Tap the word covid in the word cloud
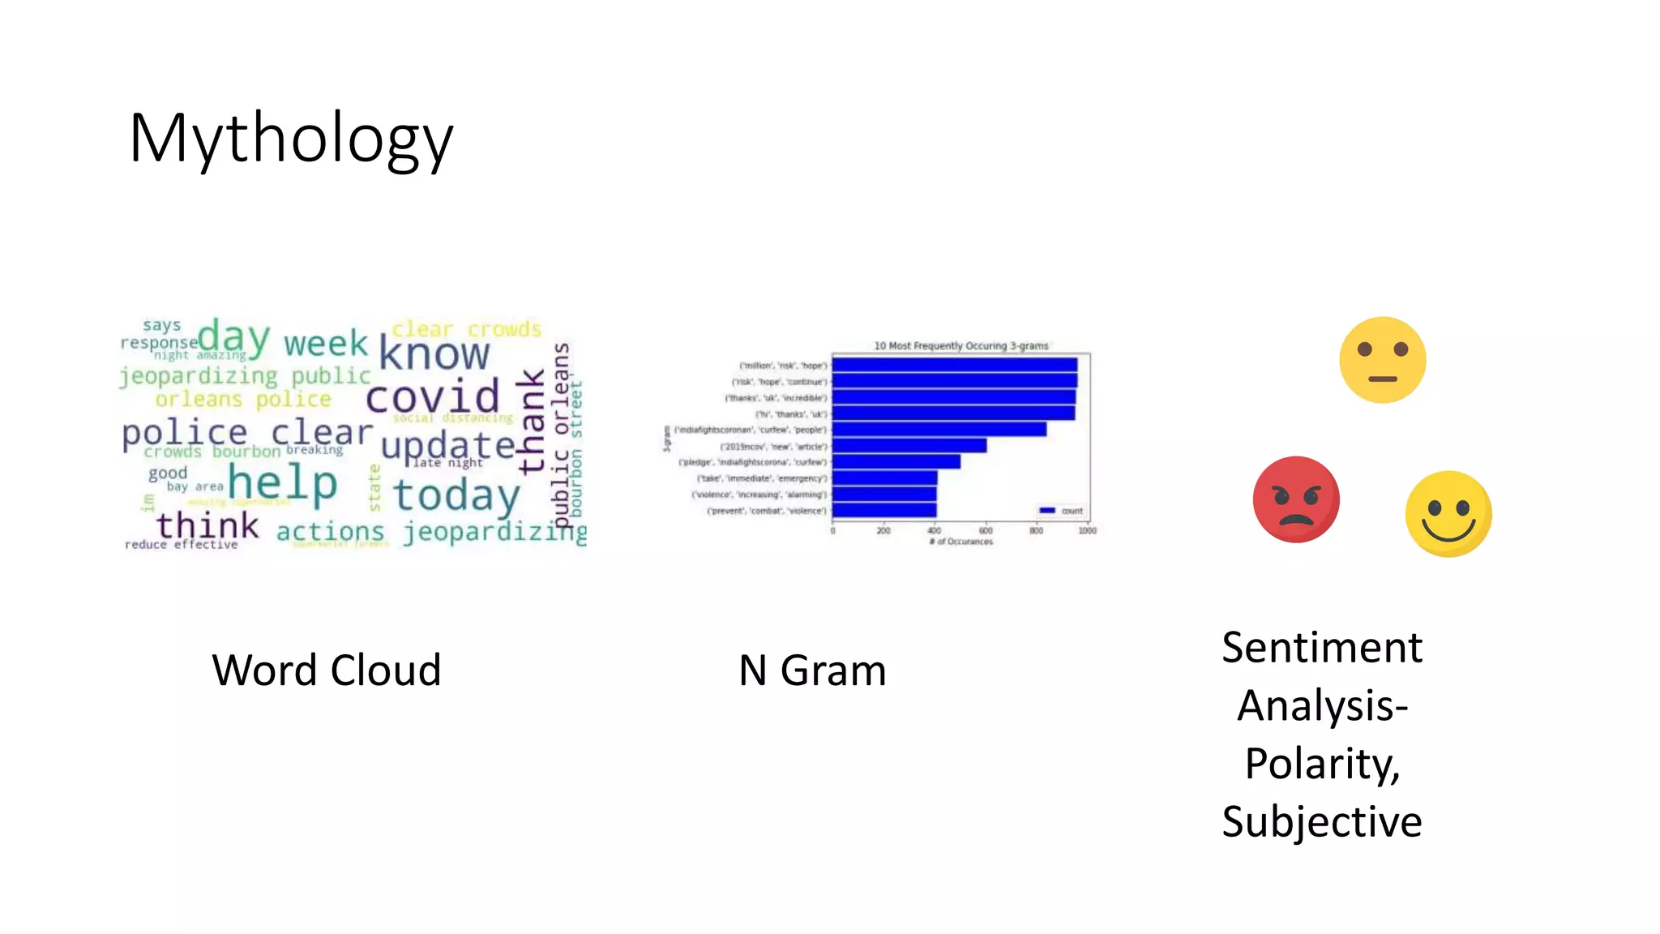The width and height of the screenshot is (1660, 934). click(x=432, y=397)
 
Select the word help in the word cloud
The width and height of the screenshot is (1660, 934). click(x=282, y=483)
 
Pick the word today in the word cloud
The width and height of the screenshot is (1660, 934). click(x=456, y=495)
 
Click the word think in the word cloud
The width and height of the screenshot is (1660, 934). click(x=207, y=526)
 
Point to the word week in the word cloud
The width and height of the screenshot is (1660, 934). click(x=326, y=344)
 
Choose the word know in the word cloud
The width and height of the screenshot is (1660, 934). click(x=434, y=354)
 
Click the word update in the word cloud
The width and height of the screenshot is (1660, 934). click(x=447, y=446)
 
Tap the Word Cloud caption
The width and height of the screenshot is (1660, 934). click(x=326, y=671)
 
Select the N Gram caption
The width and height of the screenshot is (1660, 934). click(x=812, y=671)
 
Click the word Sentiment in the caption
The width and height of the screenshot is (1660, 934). click(x=1321, y=648)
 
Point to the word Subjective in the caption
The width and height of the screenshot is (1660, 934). click(x=1321, y=822)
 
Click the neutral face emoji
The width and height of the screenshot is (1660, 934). click(x=1382, y=360)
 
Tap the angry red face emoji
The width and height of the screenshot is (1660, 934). click(x=1295, y=499)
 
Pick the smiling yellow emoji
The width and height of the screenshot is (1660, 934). click(x=1448, y=514)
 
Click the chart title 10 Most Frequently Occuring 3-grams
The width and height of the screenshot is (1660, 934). click(x=960, y=345)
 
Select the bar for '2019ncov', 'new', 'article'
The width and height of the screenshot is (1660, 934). click(x=909, y=446)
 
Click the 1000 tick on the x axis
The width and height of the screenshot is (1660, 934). click(x=1087, y=531)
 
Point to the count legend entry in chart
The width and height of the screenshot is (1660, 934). click(x=1061, y=511)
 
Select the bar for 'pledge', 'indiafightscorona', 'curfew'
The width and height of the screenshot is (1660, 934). click(x=896, y=462)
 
